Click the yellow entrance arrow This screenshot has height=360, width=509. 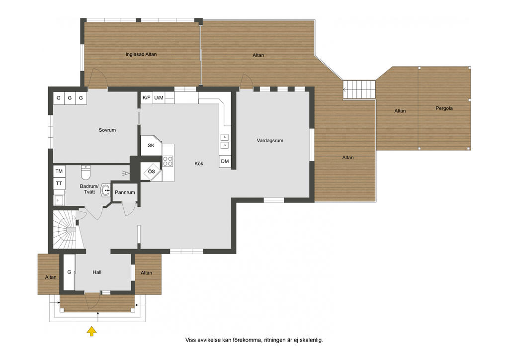(92, 331)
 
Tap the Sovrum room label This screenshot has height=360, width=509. (107, 130)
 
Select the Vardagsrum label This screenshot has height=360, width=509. (270, 141)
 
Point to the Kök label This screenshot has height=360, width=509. (199, 164)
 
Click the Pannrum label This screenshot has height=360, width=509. (125, 192)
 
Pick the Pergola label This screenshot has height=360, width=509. (444, 108)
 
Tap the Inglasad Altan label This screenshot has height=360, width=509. (141, 55)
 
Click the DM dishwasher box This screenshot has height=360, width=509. (225, 161)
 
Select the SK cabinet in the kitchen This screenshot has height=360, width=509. (151, 145)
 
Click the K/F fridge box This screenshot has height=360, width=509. (147, 98)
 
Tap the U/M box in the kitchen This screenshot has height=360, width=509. (159, 98)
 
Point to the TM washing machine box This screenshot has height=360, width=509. (59, 171)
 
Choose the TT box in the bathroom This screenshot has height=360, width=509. (59, 183)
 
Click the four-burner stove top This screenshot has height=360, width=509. (168, 161)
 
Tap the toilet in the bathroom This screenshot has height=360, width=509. (85, 173)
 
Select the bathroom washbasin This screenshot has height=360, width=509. (105, 190)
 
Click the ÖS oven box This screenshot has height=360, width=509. (151, 172)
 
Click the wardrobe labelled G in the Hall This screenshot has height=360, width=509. (69, 272)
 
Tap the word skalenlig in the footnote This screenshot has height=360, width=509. (311, 340)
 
